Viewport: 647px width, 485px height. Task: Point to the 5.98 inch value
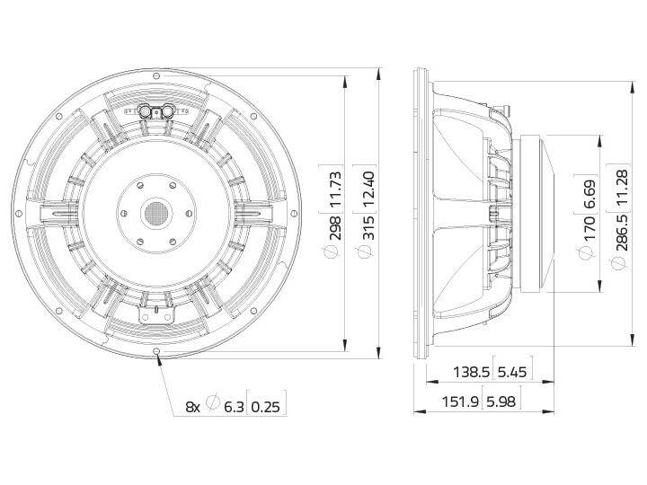pyautogui.click(x=503, y=404)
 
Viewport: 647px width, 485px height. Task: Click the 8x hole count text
pyautogui.click(x=193, y=406)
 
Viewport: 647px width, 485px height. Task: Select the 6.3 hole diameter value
pyautogui.click(x=234, y=406)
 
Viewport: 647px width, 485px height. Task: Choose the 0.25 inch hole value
pyautogui.click(x=267, y=406)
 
